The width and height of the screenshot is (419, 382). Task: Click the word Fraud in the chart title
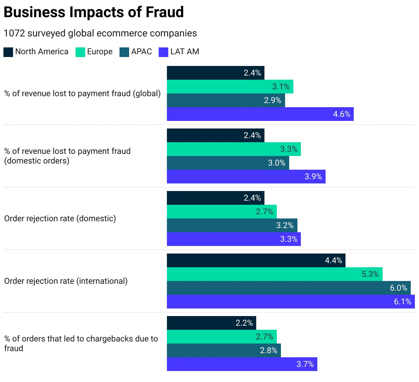pos(165,12)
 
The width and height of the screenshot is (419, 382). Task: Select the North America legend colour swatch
pos(8,52)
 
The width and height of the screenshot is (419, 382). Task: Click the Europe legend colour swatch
pos(80,52)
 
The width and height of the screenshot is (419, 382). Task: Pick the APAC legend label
pos(141,52)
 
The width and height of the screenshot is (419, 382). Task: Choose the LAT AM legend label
pos(185,52)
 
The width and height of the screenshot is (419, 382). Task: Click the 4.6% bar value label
pos(341,114)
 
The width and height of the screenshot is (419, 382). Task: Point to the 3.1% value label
pos(281,87)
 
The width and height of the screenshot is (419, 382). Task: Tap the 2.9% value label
pos(272,100)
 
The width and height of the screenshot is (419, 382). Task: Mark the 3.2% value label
pos(285,225)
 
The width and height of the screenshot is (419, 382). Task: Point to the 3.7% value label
pos(305,364)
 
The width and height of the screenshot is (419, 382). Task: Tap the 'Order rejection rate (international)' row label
pos(66,281)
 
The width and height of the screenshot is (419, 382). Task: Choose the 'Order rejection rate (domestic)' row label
pos(60,218)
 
